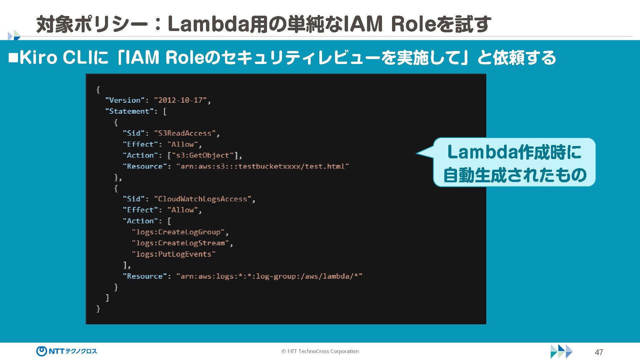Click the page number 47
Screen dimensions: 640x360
[x=599, y=352]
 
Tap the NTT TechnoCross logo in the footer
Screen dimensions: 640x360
[x=67, y=351]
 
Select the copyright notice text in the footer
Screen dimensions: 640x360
[x=320, y=351]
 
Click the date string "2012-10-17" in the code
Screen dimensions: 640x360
[x=180, y=100]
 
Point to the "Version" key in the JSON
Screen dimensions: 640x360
[x=125, y=100]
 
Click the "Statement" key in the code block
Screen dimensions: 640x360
[x=129, y=111]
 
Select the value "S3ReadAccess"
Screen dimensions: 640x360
[x=185, y=133]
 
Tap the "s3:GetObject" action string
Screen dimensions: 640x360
[x=203, y=155]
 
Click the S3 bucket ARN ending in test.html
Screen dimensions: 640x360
[x=263, y=166]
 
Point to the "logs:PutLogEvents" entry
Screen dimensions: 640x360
[x=174, y=254]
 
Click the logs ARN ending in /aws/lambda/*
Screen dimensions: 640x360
[x=269, y=276]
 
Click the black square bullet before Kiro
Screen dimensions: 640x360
[x=13, y=58]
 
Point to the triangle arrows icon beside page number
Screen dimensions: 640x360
[x=561, y=351]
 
